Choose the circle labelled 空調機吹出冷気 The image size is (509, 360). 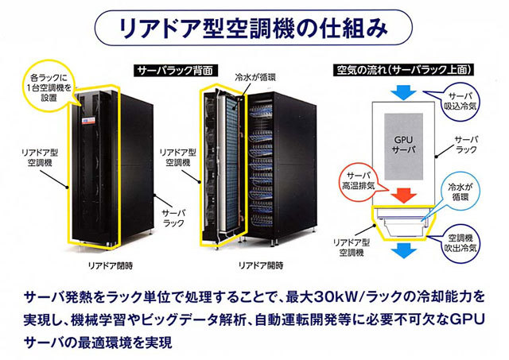point(463,242)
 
